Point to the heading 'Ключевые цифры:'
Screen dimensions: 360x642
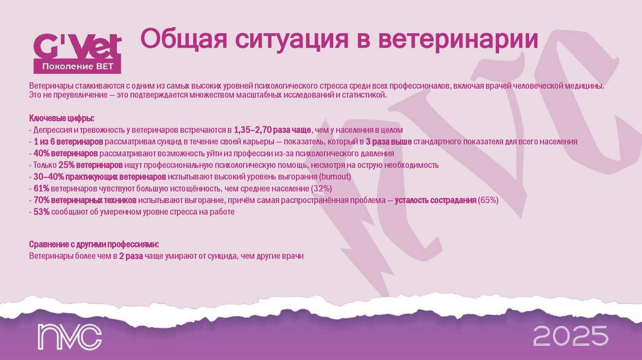[x=62, y=119]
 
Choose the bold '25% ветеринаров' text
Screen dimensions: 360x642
[x=91, y=165]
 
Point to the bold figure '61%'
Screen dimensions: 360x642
[x=39, y=189]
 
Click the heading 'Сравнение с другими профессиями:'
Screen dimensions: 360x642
[x=93, y=244]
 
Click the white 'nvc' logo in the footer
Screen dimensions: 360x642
[x=69, y=336]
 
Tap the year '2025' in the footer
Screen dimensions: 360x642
[x=570, y=336]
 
